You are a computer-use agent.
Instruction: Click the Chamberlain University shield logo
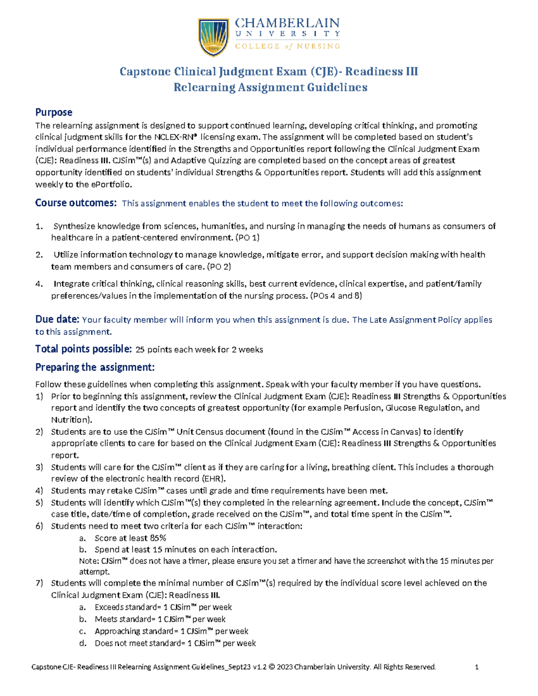click(x=214, y=37)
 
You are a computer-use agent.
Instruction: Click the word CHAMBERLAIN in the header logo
click(x=287, y=23)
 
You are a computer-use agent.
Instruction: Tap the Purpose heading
click(x=54, y=112)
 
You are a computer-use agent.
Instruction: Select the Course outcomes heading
click(x=76, y=203)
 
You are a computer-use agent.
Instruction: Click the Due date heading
click(x=57, y=320)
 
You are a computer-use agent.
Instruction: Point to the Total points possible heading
click(x=83, y=349)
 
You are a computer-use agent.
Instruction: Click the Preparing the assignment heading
click(x=95, y=367)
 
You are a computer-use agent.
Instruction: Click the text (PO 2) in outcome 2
click(x=219, y=267)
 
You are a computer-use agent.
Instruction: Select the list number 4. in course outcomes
click(x=39, y=284)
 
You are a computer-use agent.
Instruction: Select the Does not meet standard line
click(x=175, y=643)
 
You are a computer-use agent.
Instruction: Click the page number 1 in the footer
click(x=477, y=667)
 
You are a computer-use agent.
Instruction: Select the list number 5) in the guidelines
click(x=39, y=503)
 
